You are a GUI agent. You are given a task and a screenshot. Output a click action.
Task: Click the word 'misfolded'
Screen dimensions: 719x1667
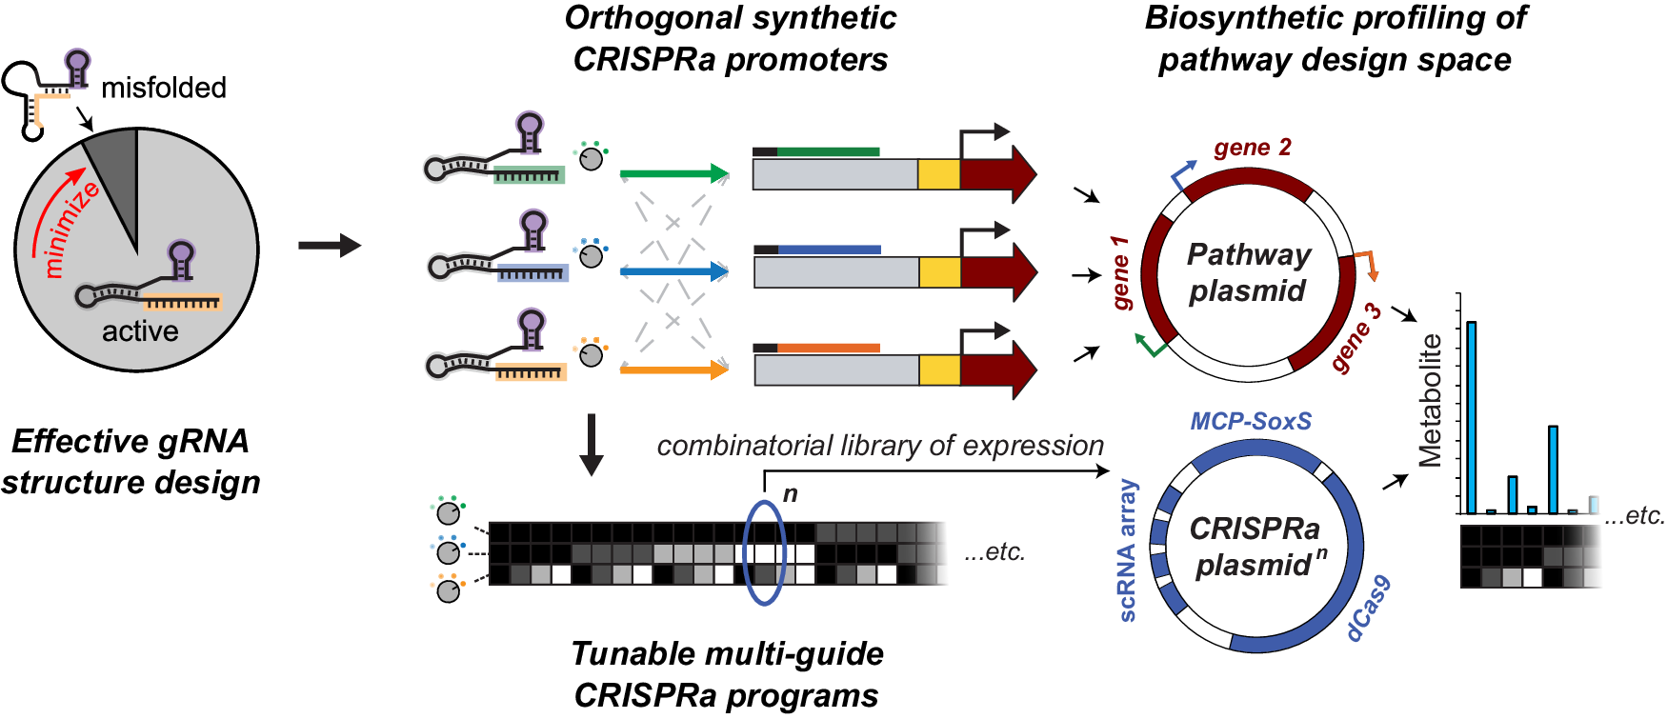tap(164, 89)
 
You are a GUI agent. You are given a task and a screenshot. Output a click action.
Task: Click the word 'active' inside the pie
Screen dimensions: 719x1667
tap(140, 331)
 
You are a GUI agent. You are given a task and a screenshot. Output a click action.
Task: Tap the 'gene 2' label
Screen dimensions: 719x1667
tap(1253, 148)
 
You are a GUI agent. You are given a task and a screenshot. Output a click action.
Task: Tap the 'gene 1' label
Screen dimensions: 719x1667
tap(1122, 273)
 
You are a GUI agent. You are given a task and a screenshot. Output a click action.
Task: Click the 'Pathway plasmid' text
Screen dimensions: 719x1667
tap(1248, 272)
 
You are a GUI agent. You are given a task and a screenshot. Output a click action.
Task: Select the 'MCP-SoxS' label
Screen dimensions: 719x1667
tap(1251, 421)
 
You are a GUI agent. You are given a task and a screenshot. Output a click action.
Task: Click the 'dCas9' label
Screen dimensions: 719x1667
tap(1369, 609)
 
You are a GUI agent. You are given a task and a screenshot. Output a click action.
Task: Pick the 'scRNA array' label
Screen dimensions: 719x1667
tap(1128, 550)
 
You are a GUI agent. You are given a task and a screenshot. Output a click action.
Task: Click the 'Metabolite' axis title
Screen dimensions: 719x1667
tap(1431, 400)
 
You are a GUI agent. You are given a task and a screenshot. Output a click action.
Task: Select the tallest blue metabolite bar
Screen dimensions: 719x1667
tap(1472, 417)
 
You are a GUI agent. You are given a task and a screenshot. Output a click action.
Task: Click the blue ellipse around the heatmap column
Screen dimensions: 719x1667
tap(763, 552)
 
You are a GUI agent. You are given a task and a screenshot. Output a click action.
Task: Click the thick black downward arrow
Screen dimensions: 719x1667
tap(592, 444)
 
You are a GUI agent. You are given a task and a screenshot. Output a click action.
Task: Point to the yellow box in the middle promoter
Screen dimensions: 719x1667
tap(939, 271)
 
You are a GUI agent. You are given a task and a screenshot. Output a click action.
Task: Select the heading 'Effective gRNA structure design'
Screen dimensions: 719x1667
tap(131, 462)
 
